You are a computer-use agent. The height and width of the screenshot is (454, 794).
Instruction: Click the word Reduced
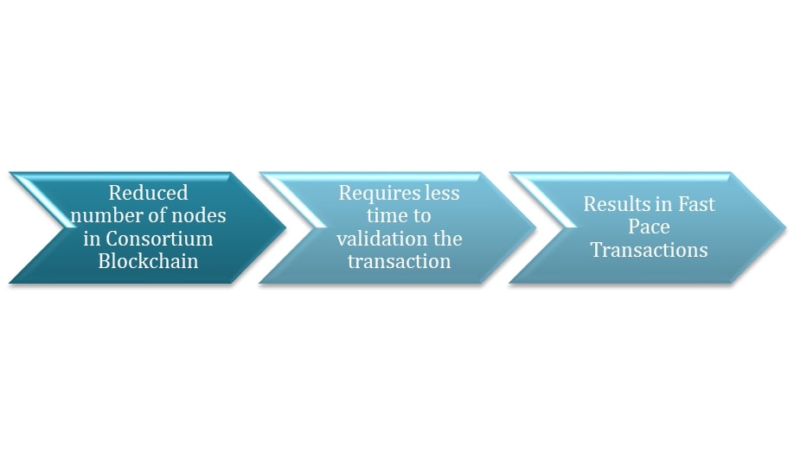point(148,193)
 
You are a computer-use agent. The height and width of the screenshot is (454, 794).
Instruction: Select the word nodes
point(199,215)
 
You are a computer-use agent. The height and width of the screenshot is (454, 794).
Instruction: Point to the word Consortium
point(159,239)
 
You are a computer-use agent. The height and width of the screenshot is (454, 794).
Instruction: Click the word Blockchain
point(148,261)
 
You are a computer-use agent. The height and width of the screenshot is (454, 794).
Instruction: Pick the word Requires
point(379,194)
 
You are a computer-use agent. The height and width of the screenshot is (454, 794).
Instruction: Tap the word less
point(442,193)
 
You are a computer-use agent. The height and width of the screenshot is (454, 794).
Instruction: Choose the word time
point(384,215)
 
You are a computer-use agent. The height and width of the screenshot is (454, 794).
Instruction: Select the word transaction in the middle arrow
point(399,261)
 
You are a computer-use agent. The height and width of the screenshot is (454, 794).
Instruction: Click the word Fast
point(696,204)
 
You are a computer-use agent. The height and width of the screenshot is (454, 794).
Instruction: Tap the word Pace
point(650,227)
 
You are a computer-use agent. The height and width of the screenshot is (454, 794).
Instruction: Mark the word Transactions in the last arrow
point(650,250)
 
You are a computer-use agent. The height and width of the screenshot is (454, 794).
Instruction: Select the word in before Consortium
point(92,239)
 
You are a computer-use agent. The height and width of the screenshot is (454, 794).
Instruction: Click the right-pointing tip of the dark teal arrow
point(285,227)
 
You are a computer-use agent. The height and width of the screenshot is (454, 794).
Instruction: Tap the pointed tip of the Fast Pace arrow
point(785,227)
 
